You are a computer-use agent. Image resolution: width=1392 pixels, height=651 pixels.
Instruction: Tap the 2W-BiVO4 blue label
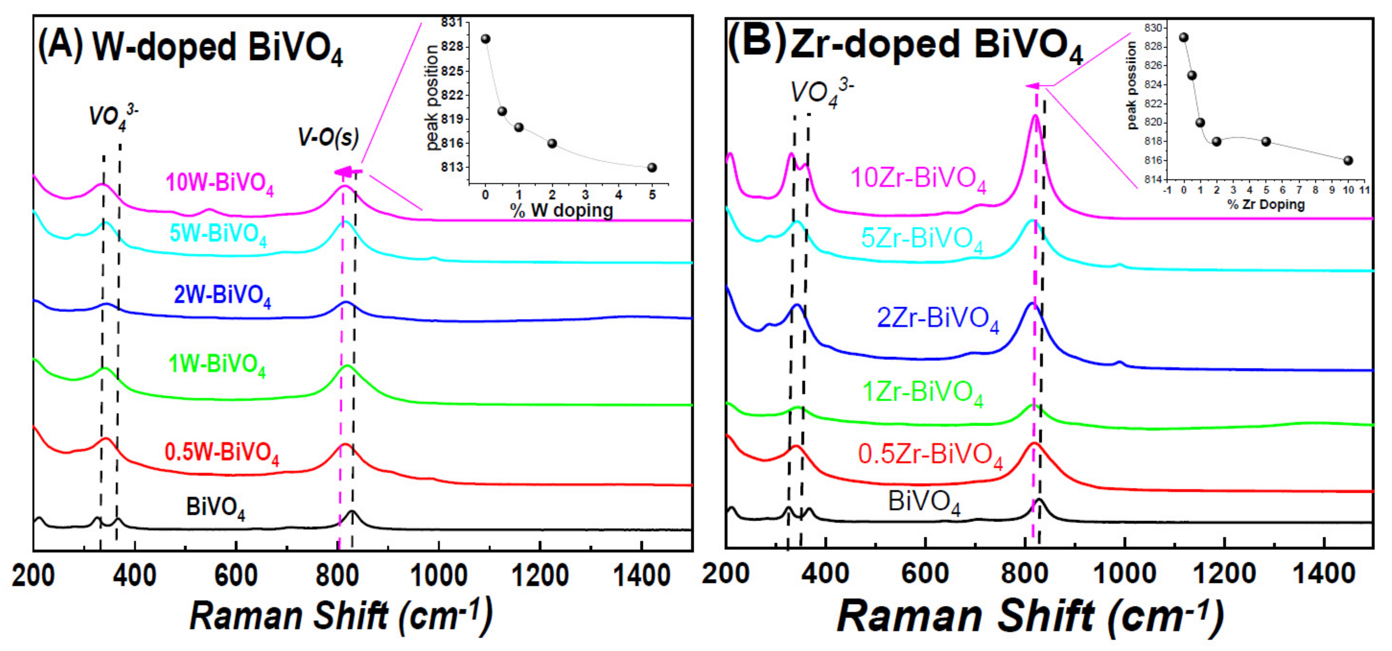click(x=222, y=296)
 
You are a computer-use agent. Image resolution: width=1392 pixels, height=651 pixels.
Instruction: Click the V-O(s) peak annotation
click(x=328, y=137)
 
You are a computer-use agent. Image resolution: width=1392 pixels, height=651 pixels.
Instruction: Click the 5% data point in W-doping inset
click(x=652, y=167)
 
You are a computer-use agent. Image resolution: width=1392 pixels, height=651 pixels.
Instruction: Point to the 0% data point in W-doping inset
click(x=485, y=39)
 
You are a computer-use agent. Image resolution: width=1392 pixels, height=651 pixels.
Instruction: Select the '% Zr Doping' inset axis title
click(x=1266, y=205)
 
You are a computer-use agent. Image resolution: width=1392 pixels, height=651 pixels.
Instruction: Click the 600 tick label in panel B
click(x=925, y=573)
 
